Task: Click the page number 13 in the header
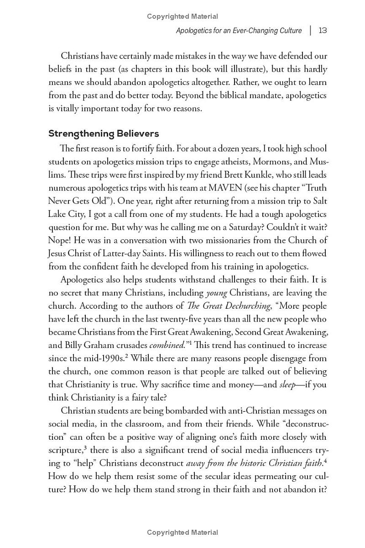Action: [323, 31]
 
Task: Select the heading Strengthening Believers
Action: [104, 134]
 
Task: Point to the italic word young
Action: [216, 293]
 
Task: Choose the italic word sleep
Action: [288, 385]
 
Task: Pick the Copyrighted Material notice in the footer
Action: [182, 532]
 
